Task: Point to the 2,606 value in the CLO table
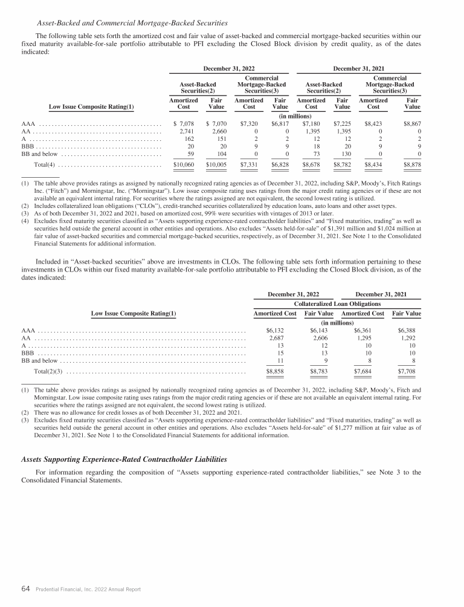click(315, 339)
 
